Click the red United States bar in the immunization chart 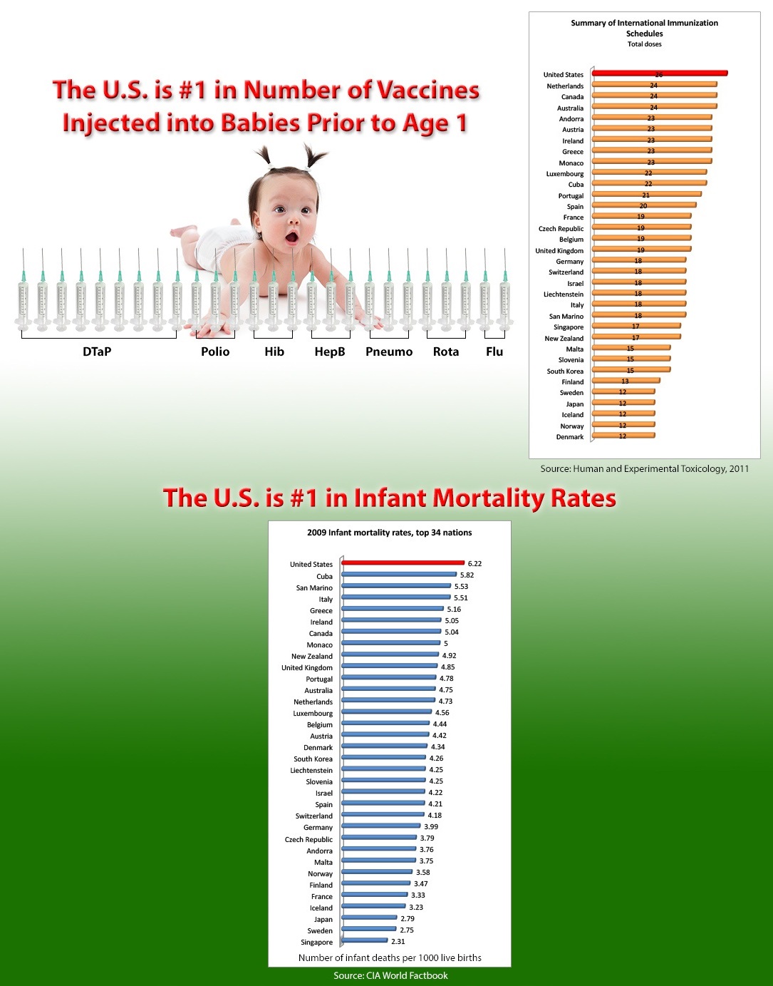(x=659, y=73)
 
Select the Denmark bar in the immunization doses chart (x=623, y=436)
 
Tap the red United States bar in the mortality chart (x=403, y=563)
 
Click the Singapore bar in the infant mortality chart (x=365, y=941)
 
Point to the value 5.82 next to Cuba (x=467, y=575)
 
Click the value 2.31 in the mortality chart (x=398, y=942)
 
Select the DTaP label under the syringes (x=97, y=351)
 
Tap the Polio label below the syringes (x=215, y=351)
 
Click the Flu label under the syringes (x=494, y=351)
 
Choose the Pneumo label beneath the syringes (x=389, y=351)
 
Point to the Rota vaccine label (x=446, y=351)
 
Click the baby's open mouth (x=292, y=237)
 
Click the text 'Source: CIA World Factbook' (x=390, y=975)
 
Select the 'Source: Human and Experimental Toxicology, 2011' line (x=644, y=468)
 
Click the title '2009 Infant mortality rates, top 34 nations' (x=389, y=533)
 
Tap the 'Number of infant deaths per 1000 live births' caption (x=390, y=957)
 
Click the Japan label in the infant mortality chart (x=323, y=920)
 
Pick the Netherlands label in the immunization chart (x=565, y=86)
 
